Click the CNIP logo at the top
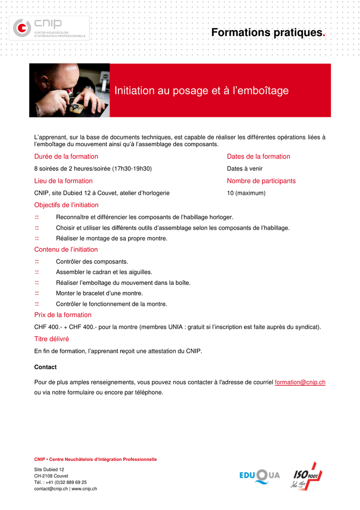51,28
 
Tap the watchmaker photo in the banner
69,90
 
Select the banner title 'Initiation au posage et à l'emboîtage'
201,91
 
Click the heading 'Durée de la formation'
66,157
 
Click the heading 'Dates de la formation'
258,157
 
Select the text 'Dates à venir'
245,169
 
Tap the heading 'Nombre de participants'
261,181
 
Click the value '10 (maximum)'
246,193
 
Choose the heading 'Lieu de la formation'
64,181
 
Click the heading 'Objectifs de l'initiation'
66,205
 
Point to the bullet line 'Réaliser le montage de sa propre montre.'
112,239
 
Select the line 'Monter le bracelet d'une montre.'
99,293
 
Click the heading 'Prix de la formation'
63,315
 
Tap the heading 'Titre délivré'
52,339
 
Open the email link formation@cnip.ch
300,382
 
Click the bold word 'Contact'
45,367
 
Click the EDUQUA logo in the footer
259,475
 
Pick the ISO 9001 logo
306,476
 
